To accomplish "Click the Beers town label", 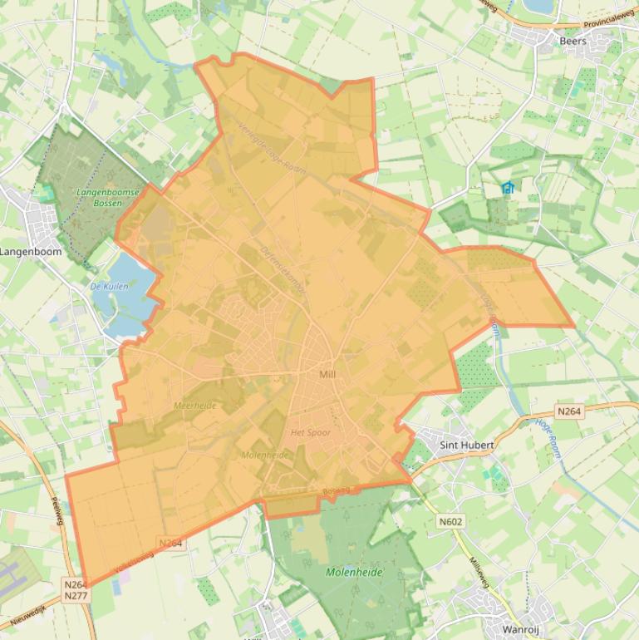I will pos(573,41).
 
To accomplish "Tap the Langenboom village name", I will pos(31,251).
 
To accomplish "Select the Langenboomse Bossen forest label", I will pos(108,197).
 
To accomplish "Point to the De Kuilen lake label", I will pos(109,286).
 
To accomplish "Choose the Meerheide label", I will pos(194,406).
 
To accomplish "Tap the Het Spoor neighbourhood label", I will pos(311,433).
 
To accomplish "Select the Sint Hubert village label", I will pos(467,445).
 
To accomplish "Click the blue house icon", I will pos(508,188).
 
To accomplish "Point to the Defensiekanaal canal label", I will pos(283,273).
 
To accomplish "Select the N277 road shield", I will pos(76,596).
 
